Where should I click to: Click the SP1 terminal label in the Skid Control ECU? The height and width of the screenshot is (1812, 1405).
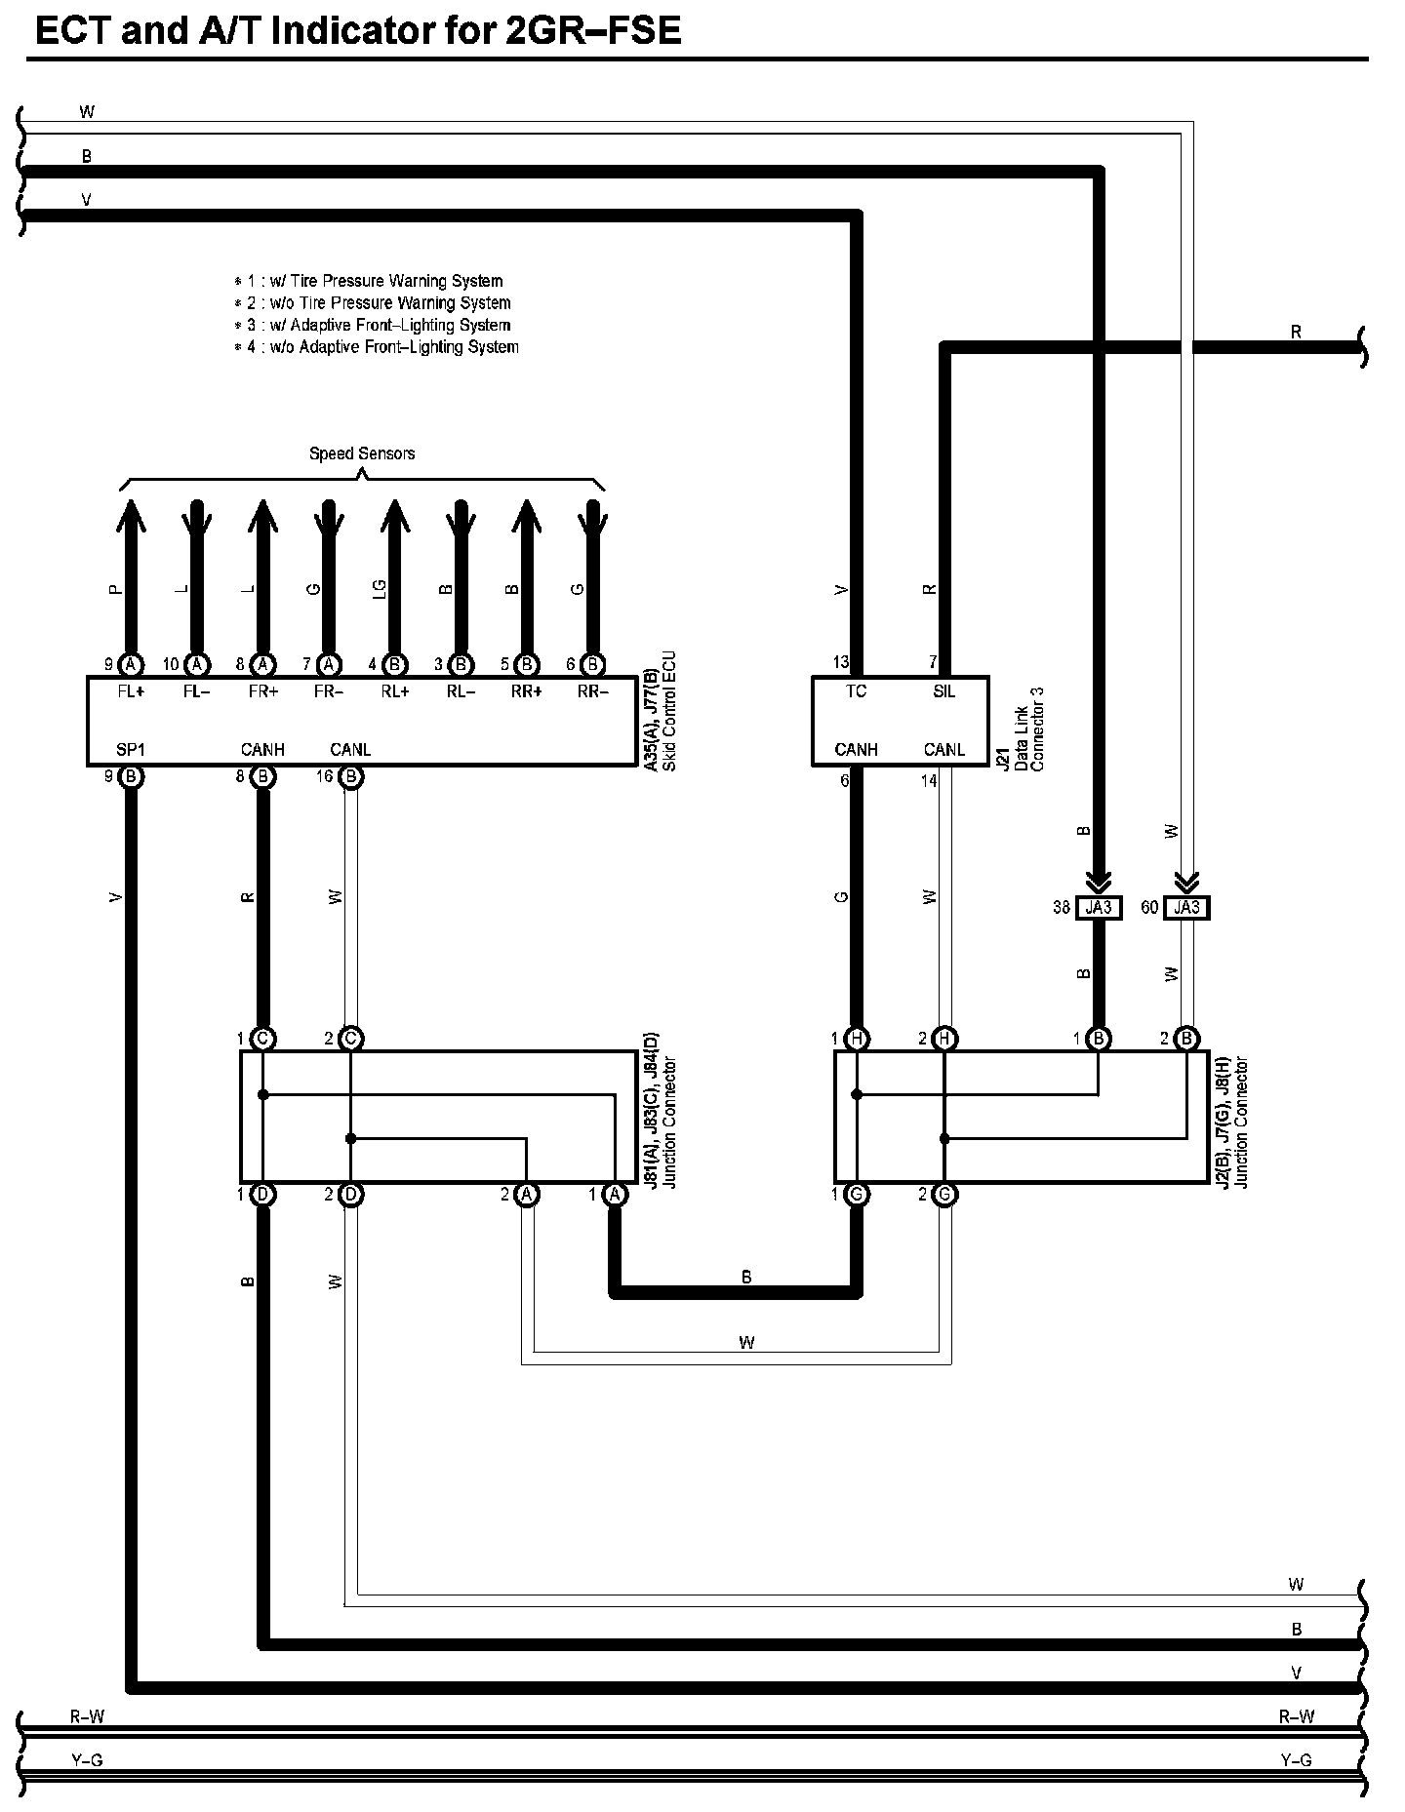click(x=130, y=750)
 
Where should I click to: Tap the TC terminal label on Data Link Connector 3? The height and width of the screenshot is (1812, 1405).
click(x=856, y=691)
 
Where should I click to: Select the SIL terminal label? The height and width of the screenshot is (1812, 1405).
click(x=943, y=691)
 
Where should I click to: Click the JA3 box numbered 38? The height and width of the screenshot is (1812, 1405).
click(x=1099, y=908)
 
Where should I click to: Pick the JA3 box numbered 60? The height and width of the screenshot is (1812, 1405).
click(x=1186, y=908)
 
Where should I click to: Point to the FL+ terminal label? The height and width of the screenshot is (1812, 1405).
click(x=130, y=692)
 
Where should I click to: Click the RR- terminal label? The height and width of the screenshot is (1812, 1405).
click(x=592, y=692)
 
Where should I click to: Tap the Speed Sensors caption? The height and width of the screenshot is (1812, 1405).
click(x=362, y=453)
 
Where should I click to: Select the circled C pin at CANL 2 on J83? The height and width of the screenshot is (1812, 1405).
click(x=351, y=1039)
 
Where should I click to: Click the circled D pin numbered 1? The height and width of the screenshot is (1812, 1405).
click(x=262, y=1195)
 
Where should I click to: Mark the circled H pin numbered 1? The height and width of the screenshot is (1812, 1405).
click(x=857, y=1039)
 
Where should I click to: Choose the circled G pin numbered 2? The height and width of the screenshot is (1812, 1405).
click(x=944, y=1195)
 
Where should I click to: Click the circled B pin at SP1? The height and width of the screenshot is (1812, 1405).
click(x=130, y=777)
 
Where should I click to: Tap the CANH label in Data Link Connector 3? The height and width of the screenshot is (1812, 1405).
click(x=856, y=750)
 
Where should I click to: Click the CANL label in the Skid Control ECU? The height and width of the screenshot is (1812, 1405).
click(x=350, y=750)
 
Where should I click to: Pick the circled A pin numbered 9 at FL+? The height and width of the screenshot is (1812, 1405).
click(x=130, y=665)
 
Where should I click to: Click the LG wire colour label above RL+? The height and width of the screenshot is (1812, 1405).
click(x=381, y=589)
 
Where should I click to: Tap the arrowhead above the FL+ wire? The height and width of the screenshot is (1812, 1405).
click(x=130, y=513)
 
